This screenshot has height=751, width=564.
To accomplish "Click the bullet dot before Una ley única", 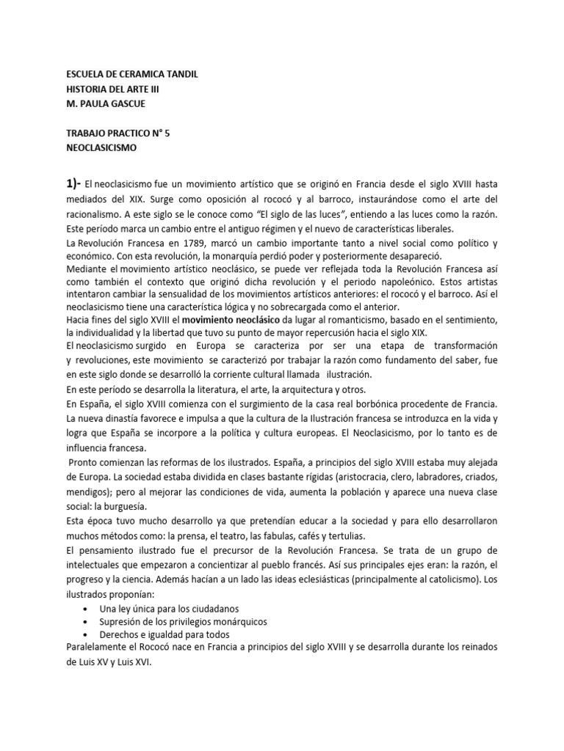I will point(87,609).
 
